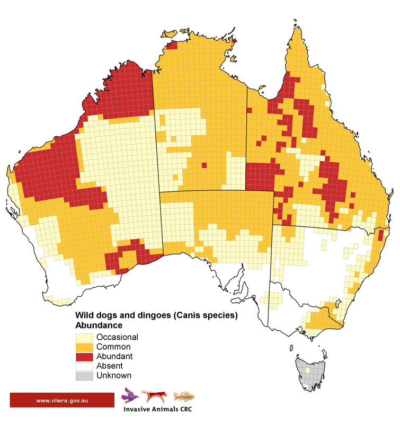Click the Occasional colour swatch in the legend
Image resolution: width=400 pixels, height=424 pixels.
coord(85,337)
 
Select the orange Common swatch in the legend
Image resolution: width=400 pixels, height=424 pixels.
coord(85,347)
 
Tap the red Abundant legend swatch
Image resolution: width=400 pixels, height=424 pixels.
coord(85,356)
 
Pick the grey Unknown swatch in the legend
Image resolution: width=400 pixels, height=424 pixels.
coord(85,376)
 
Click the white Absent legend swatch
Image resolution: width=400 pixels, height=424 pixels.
coord(85,366)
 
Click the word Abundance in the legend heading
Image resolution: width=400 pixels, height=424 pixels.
coord(100,325)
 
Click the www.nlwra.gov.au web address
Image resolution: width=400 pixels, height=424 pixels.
coord(62,400)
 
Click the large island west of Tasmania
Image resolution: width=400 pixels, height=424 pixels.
coord(291,348)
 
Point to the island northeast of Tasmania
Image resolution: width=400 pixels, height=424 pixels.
coord(324,354)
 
